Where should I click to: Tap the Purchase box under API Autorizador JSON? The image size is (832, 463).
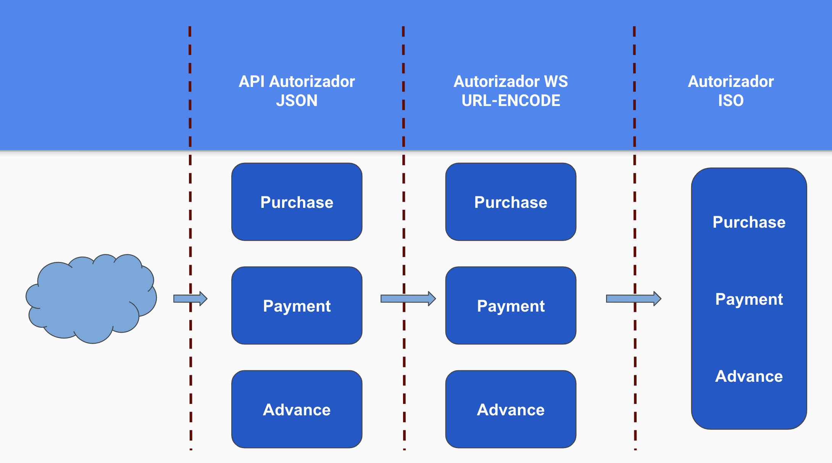click(297, 202)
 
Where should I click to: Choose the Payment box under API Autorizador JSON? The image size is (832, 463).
click(297, 305)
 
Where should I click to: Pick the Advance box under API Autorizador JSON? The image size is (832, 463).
click(297, 409)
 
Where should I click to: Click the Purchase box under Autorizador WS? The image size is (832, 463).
click(511, 202)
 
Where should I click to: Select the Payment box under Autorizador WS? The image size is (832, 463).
click(511, 305)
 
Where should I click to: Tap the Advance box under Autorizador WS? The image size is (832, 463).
click(511, 409)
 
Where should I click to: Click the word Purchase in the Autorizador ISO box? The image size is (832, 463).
click(749, 222)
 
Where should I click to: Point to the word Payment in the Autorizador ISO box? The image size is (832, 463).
click(749, 299)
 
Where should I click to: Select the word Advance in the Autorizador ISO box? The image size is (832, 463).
click(749, 376)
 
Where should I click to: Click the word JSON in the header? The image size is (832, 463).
click(297, 101)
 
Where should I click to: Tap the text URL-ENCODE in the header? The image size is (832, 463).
click(511, 101)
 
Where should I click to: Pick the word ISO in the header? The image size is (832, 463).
click(730, 101)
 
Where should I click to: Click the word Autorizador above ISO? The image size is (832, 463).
click(730, 82)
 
